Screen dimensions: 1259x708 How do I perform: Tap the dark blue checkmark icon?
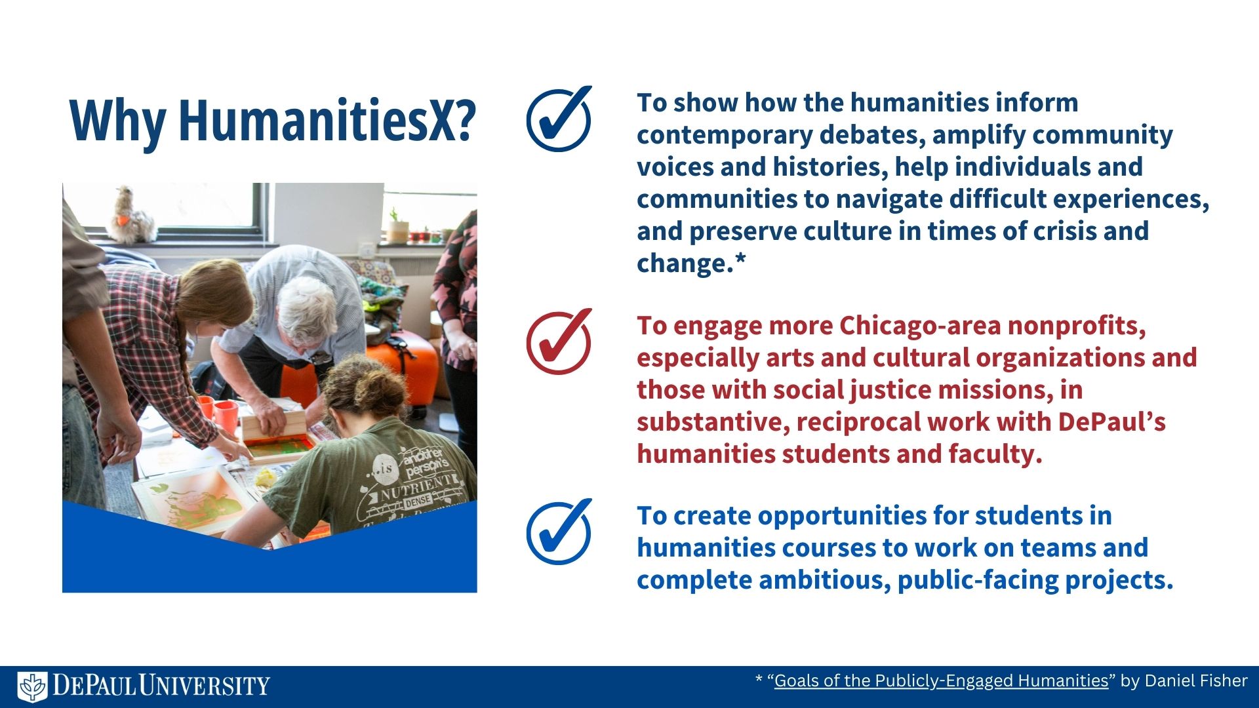click(x=559, y=119)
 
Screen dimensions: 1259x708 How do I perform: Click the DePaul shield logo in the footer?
click(x=32, y=686)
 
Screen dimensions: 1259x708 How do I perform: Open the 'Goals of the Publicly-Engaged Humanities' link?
click(x=941, y=681)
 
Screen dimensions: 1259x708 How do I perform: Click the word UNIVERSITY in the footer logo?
click(x=204, y=686)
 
